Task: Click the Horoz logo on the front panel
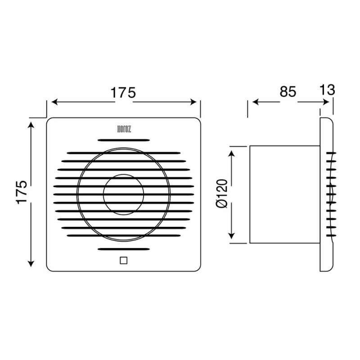click(124, 129)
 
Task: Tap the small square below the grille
click(123, 261)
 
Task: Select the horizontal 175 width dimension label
click(123, 93)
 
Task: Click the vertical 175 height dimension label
click(22, 192)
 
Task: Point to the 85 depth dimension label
click(288, 92)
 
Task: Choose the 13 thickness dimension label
click(327, 90)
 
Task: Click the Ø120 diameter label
click(221, 193)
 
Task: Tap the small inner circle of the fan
click(123, 194)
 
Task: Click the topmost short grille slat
click(123, 140)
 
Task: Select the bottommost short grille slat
click(123, 249)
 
